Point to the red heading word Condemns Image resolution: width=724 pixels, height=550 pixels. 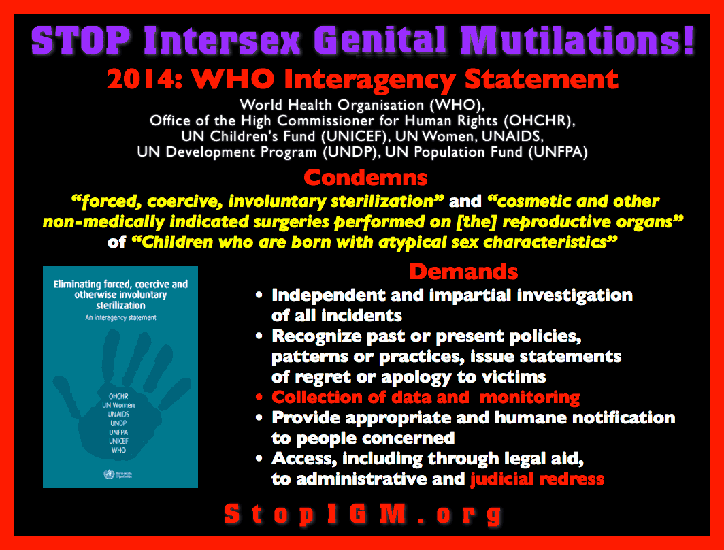point(365,178)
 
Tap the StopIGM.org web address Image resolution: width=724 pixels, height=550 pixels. point(363,514)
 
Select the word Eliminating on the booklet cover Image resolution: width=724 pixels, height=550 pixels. point(81,284)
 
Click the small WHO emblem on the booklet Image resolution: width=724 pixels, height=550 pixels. point(103,472)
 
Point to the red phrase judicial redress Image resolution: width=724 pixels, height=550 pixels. point(537,479)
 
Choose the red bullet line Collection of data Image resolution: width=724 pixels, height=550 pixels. point(425,398)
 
